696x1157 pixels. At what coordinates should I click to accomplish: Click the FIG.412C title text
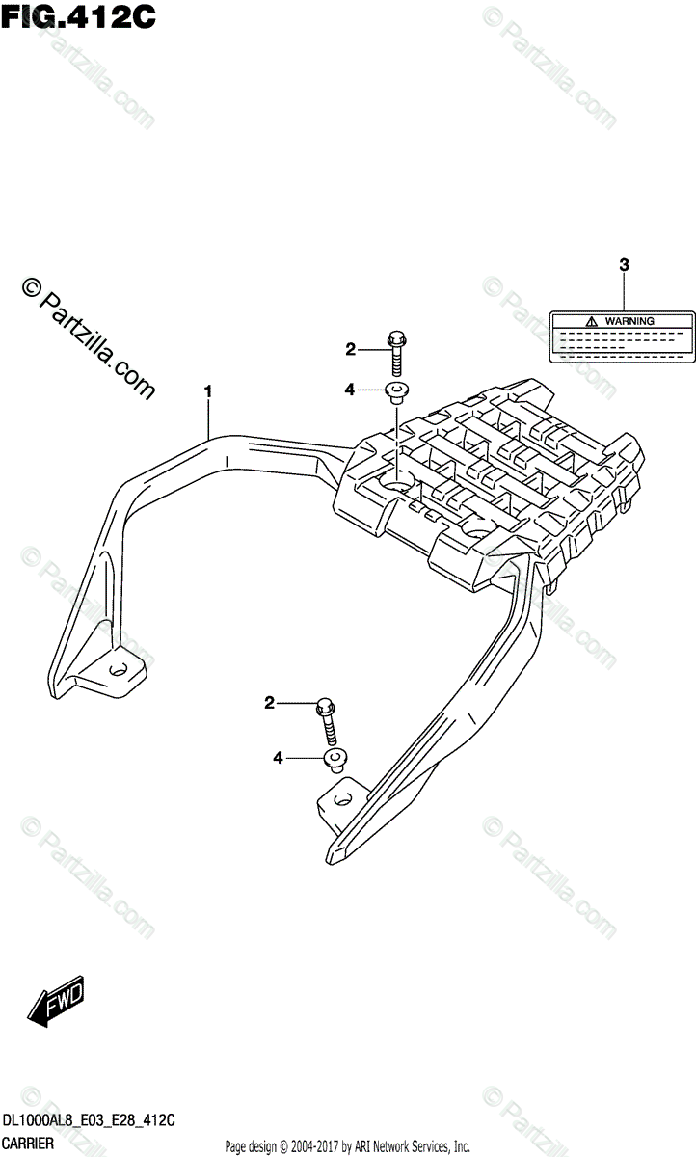[76, 17]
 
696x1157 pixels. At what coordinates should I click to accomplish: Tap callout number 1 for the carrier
[207, 390]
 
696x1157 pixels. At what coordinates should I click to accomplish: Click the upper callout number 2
[352, 349]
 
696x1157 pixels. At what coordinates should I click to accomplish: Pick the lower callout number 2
[270, 705]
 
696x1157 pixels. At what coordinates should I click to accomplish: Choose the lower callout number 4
[278, 759]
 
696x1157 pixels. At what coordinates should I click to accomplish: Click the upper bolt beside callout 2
[396, 354]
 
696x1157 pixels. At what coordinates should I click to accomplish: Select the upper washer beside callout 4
[396, 390]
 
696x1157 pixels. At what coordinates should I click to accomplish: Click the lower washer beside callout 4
[335, 761]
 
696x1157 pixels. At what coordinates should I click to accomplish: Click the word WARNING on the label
[630, 320]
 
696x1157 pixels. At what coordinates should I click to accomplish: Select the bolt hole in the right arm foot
[339, 798]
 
